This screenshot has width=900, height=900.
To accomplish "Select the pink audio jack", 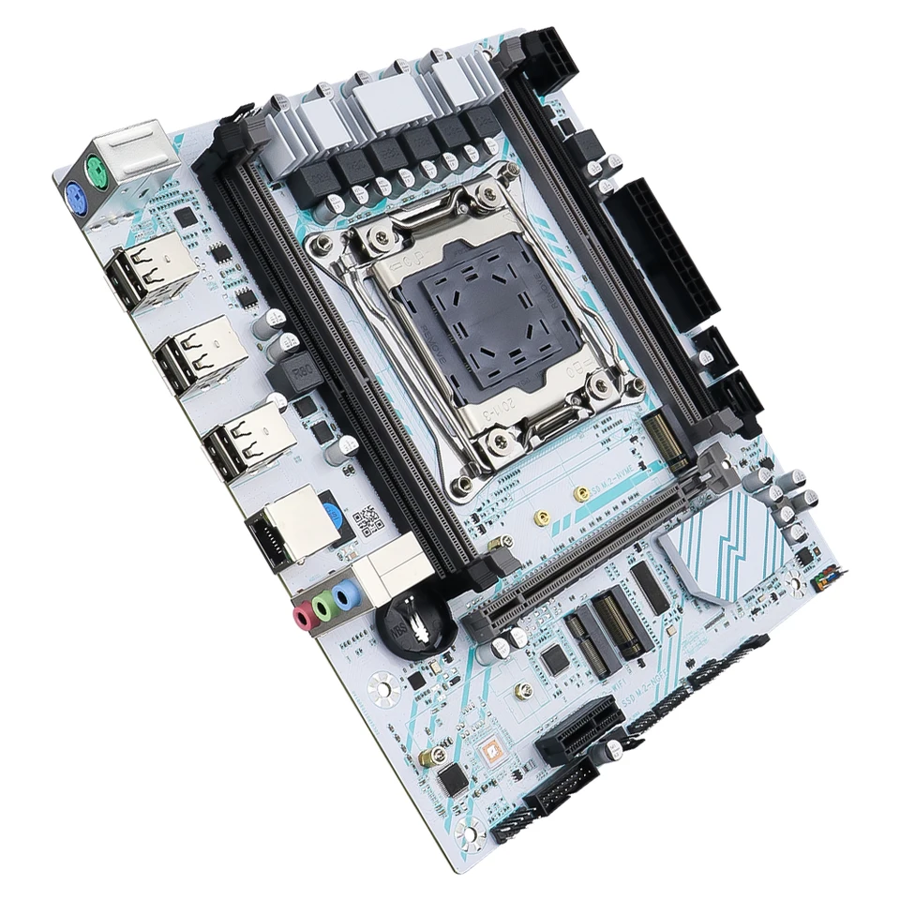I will click(304, 616).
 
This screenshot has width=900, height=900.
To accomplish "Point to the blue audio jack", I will click(347, 592).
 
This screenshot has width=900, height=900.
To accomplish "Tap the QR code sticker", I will click(367, 517).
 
